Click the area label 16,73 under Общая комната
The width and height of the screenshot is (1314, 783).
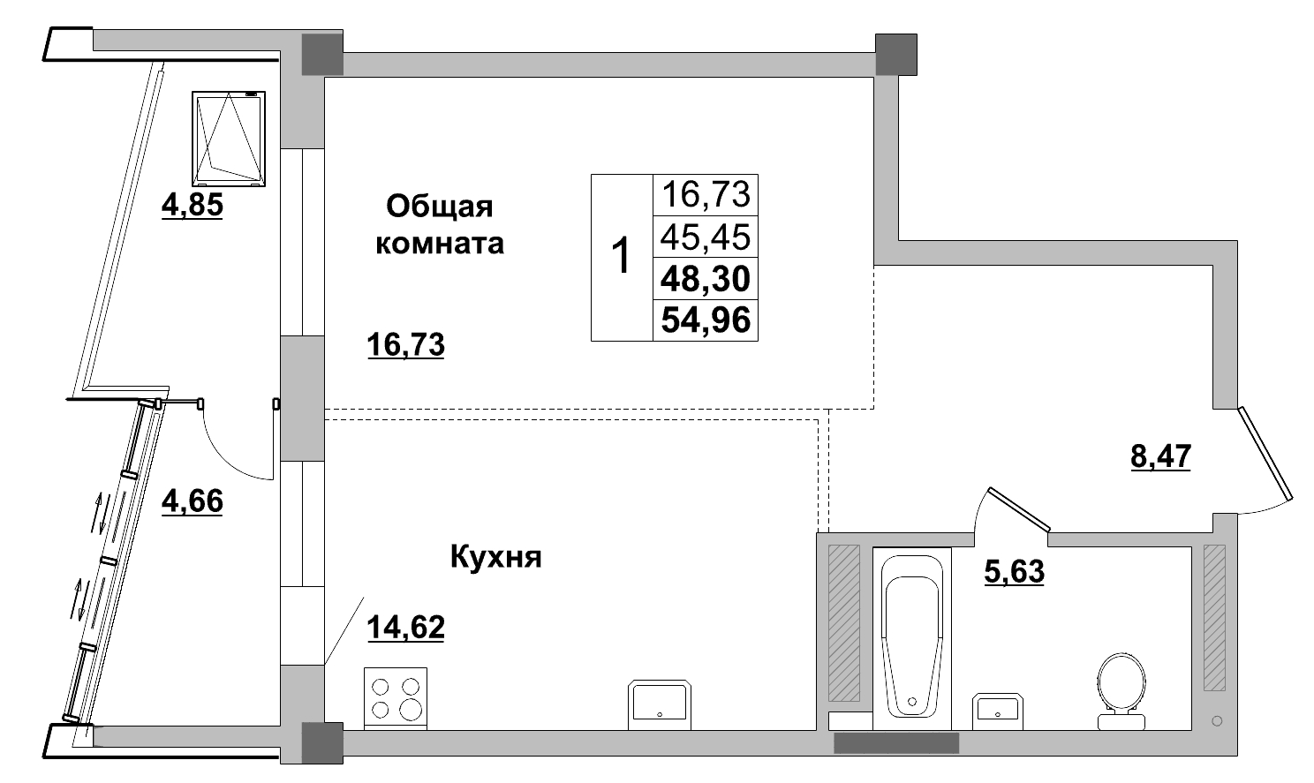click(405, 345)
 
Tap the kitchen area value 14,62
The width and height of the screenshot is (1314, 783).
click(405, 628)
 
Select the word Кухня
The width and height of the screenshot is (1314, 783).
click(495, 558)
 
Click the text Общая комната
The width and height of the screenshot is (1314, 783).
click(440, 225)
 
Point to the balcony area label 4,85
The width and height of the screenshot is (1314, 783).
click(192, 206)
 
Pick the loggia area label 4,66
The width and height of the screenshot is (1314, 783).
click(192, 501)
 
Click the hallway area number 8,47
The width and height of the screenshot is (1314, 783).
click(1161, 457)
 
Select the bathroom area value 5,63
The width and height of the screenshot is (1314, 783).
click(1014, 572)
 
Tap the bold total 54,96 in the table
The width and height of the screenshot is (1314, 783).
click(706, 320)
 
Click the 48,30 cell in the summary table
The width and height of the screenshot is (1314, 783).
click(706, 279)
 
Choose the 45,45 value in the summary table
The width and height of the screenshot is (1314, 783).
click(706, 237)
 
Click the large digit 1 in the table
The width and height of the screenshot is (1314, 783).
click(622, 257)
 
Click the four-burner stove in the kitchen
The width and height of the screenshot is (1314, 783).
click(396, 697)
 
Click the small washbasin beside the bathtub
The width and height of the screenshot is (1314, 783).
click(996, 710)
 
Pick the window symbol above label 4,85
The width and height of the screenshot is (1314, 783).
click(229, 139)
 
